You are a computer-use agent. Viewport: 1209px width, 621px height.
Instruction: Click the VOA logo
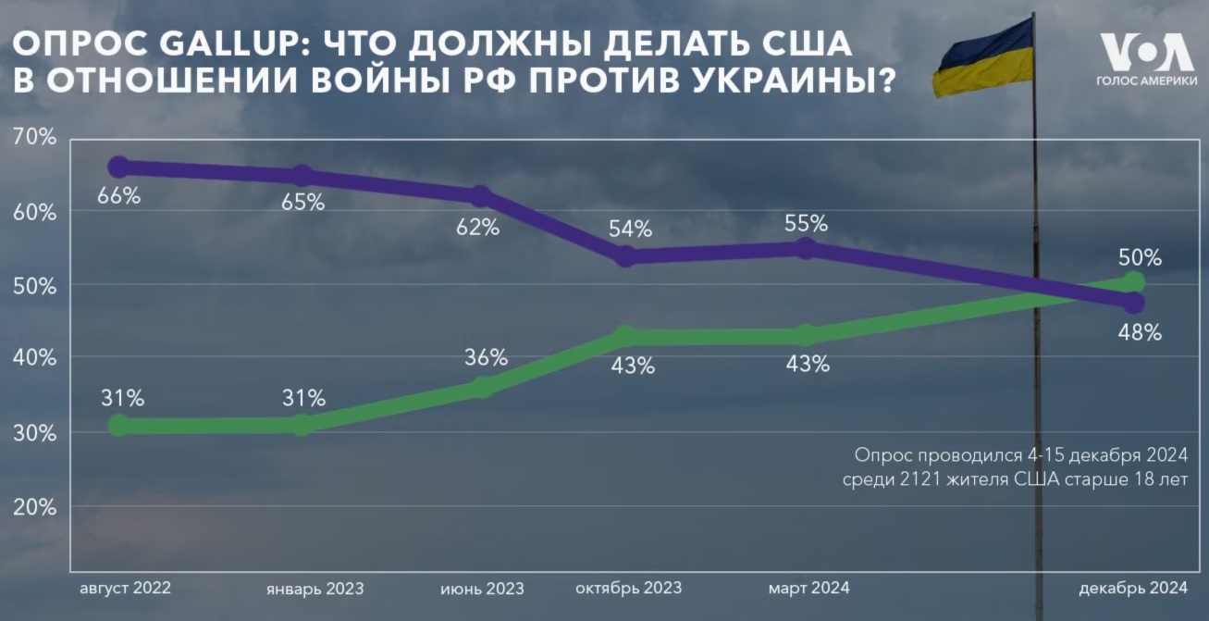tap(1146, 53)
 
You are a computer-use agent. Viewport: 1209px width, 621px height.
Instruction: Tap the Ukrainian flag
tap(982, 56)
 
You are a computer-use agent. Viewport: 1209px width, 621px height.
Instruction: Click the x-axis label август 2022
tap(126, 588)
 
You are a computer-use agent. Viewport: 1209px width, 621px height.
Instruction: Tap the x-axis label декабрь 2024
tap(1134, 588)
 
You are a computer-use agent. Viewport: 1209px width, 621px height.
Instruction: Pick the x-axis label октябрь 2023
tap(628, 588)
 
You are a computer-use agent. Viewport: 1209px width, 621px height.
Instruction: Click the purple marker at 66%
tap(118, 168)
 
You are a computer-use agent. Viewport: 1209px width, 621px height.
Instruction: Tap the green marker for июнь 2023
tap(482, 387)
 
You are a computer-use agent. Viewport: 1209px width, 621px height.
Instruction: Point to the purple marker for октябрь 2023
tap(626, 256)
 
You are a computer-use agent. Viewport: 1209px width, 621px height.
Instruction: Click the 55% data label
tap(806, 223)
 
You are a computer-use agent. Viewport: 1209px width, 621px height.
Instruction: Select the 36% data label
tap(487, 357)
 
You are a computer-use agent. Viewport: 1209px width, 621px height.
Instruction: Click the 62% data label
tap(477, 227)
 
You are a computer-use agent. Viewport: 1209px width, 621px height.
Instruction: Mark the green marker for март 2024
tap(806, 335)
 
